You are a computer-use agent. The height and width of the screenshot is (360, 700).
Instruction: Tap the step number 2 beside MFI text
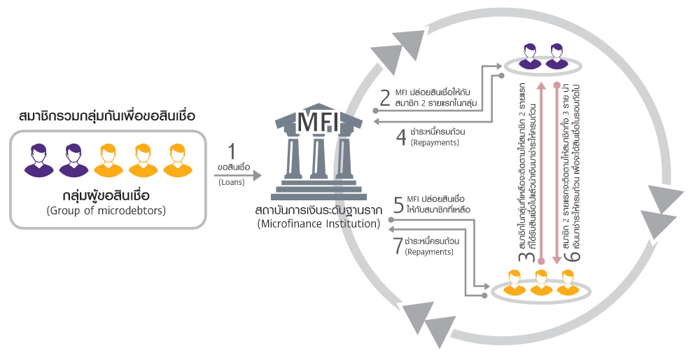tap(384, 97)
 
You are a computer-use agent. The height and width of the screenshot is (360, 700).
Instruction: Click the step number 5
tap(398, 205)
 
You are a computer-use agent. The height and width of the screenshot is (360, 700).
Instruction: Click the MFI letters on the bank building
tap(318, 123)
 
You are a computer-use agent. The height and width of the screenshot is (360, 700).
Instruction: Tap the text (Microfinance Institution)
tap(318, 224)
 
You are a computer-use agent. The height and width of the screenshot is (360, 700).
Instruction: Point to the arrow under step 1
tap(238, 173)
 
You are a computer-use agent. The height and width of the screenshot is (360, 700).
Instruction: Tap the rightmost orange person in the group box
tap(177, 160)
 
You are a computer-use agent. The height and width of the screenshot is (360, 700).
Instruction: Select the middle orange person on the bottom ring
tap(541, 282)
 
